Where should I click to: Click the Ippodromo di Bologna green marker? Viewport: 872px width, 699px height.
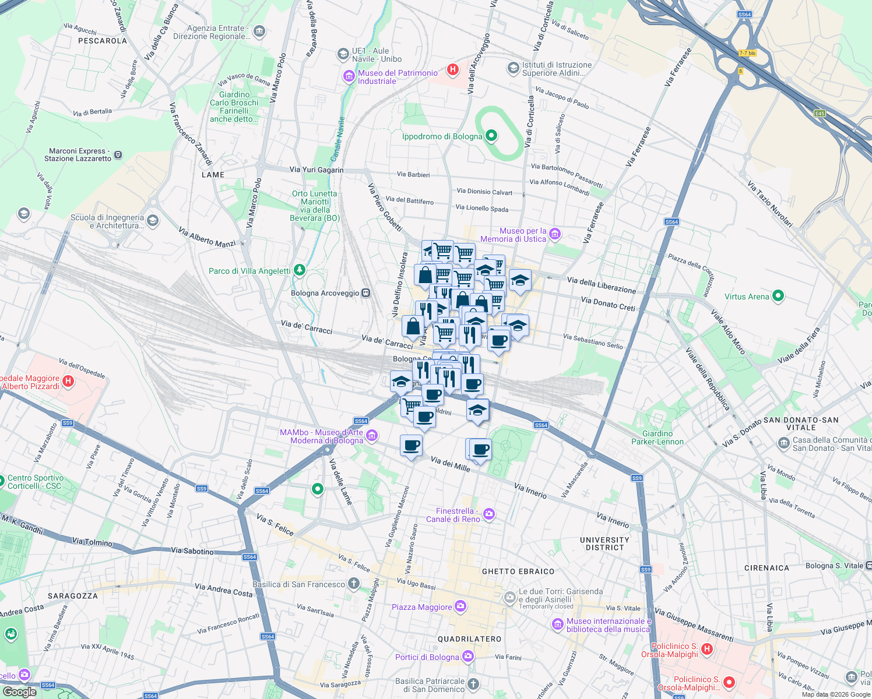pyautogui.click(x=491, y=136)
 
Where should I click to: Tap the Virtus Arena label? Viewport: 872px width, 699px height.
pyautogui.click(x=746, y=296)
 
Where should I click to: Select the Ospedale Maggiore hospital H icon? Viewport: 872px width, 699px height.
pyautogui.click(x=68, y=382)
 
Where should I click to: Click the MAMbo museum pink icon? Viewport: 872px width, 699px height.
pyautogui.click(x=372, y=435)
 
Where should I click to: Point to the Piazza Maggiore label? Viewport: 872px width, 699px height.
pyautogui.click(x=421, y=607)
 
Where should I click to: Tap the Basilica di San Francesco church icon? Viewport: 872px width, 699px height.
pyautogui.click(x=354, y=584)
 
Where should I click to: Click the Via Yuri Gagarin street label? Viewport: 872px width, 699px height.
pyautogui.click(x=317, y=170)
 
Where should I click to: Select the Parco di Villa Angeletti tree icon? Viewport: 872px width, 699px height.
pyautogui.click(x=299, y=270)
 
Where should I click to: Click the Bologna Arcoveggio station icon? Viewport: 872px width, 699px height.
pyautogui.click(x=365, y=293)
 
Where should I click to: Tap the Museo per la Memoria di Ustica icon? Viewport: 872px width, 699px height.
pyautogui.click(x=554, y=234)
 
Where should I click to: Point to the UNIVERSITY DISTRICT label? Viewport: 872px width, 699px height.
pyautogui.click(x=604, y=543)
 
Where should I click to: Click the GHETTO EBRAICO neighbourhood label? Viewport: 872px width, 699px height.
pyautogui.click(x=518, y=571)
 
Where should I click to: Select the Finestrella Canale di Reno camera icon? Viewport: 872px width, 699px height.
pyautogui.click(x=489, y=514)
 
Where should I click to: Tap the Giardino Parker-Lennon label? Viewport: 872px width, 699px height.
pyautogui.click(x=657, y=437)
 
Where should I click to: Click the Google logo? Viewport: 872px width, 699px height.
pyautogui.click(x=19, y=691)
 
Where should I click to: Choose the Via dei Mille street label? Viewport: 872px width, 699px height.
pyautogui.click(x=450, y=464)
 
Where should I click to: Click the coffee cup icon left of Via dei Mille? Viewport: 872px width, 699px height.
pyautogui.click(x=412, y=446)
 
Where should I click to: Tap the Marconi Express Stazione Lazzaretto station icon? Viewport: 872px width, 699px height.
pyautogui.click(x=118, y=155)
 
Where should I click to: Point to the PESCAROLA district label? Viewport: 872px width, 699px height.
pyautogui.click(x=103, y=41)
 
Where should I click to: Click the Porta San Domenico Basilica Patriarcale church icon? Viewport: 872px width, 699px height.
pyautogui.click(x=473, y=684)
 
